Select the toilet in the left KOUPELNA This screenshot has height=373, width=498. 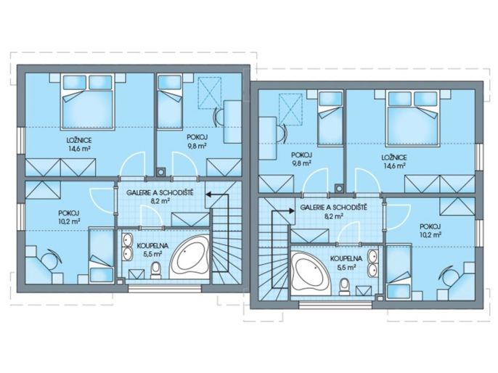point(155,271)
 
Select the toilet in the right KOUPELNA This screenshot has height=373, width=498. point(344,287)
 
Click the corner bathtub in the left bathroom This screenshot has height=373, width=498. point(189,257)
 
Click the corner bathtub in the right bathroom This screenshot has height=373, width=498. point(311,274)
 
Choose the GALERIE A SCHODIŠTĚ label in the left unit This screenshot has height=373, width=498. point(160,193)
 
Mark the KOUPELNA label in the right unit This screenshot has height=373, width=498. point(346,259)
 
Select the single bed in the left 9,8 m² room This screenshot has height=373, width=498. point(170,102)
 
